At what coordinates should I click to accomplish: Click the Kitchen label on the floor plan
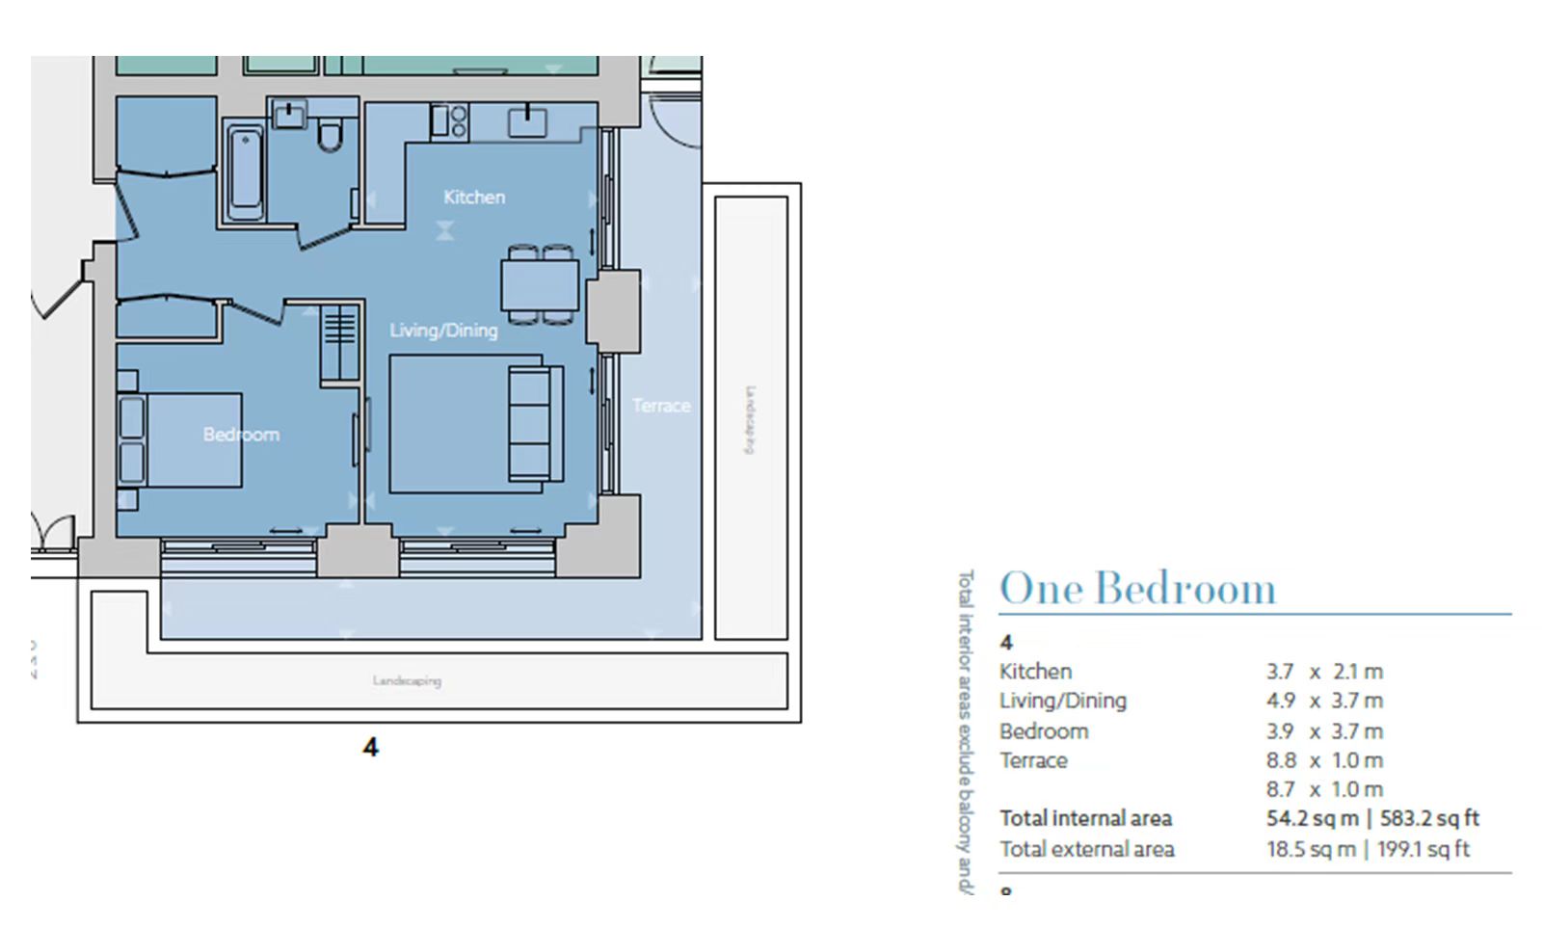coord(473,197)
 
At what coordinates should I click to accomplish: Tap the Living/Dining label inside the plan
coord(443,330)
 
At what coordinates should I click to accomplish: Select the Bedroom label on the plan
coord(241,434)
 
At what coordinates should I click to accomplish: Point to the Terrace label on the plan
coord(661,406)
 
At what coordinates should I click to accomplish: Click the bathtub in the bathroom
coord(246,172)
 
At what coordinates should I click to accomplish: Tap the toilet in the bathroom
coord(330,135)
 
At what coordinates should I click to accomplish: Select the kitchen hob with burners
coord(449,120)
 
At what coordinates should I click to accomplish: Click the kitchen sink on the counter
coord(526,121)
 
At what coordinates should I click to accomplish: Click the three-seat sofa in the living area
coord(535,423)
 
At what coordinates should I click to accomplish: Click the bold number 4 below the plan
coord(370,747)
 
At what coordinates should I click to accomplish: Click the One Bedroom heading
coord(1137,589)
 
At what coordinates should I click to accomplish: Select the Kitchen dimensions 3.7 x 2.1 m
coord(1324,672)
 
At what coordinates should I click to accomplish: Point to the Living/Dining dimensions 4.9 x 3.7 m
coord(1324,701)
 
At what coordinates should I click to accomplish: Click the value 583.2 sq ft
coord(1429,819)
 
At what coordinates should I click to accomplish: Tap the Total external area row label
coord(1086,849)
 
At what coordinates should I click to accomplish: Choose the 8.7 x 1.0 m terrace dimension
coord(1324,789)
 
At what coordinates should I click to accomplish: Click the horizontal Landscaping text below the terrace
coord(407,680)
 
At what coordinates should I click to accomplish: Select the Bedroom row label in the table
coord(1043,731)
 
